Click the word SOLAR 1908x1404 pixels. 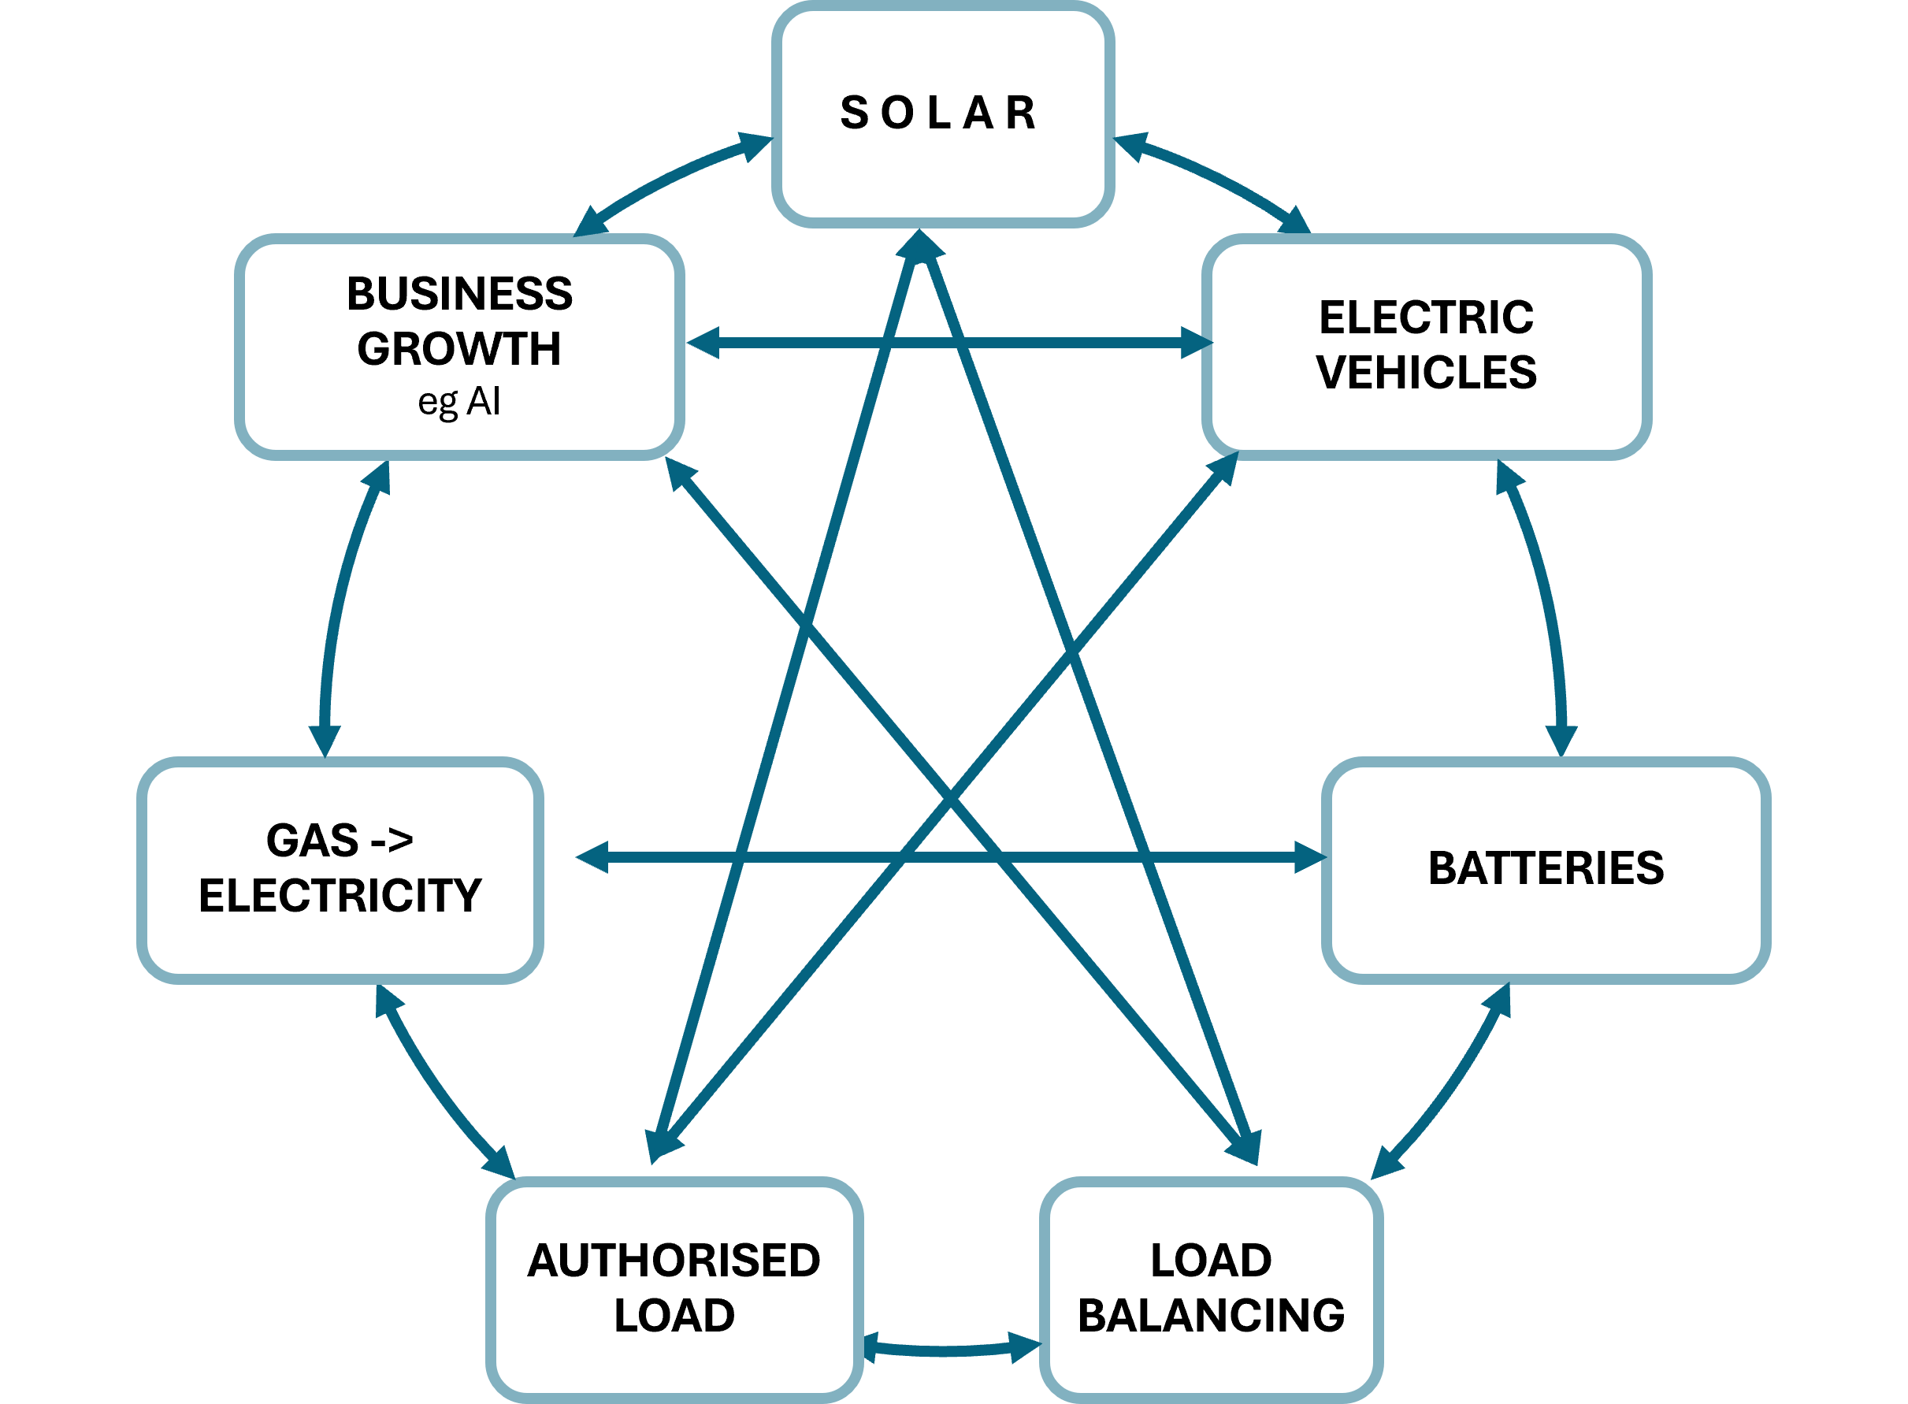point(939,113)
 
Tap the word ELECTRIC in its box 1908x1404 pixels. point(1426,318)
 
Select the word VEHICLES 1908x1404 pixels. point(1426,372)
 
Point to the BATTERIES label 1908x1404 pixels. point(1546,868)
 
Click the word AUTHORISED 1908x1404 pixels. point(674,1261)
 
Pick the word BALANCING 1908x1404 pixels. point(1211,1316)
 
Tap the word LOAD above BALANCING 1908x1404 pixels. point(1211,1261)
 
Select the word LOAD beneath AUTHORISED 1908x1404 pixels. point(674,1316)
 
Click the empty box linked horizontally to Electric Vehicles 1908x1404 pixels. point(459,347)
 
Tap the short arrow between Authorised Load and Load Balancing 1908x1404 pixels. point(952,1350)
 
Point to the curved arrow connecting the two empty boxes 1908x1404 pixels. point(340,595)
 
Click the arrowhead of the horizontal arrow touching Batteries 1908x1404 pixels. point(1309,857)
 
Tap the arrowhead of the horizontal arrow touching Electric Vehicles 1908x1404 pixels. point(1197,343)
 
